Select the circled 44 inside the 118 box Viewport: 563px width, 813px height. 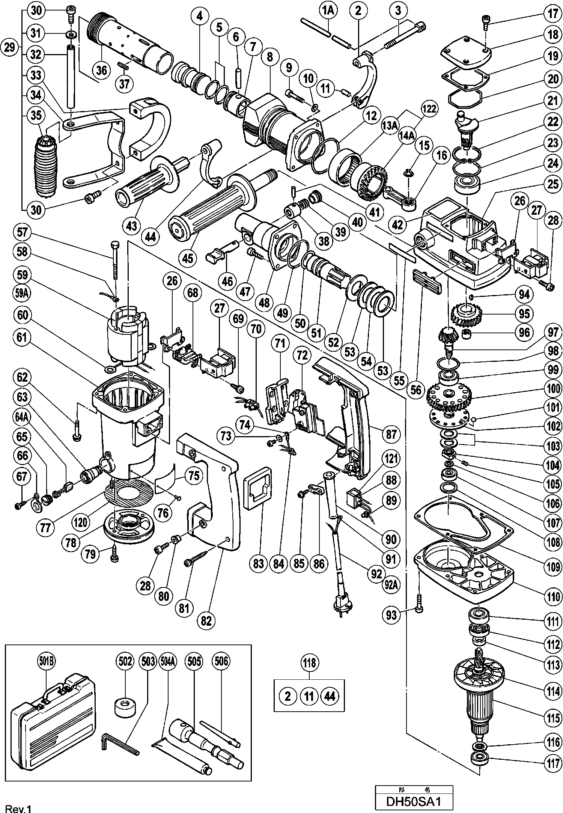(330, 696)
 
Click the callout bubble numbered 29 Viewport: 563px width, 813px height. (11, 47)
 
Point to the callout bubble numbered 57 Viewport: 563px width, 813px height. (22, 232)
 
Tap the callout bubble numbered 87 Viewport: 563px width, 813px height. (391, 434)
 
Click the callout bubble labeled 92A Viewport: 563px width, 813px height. (391, 585)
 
